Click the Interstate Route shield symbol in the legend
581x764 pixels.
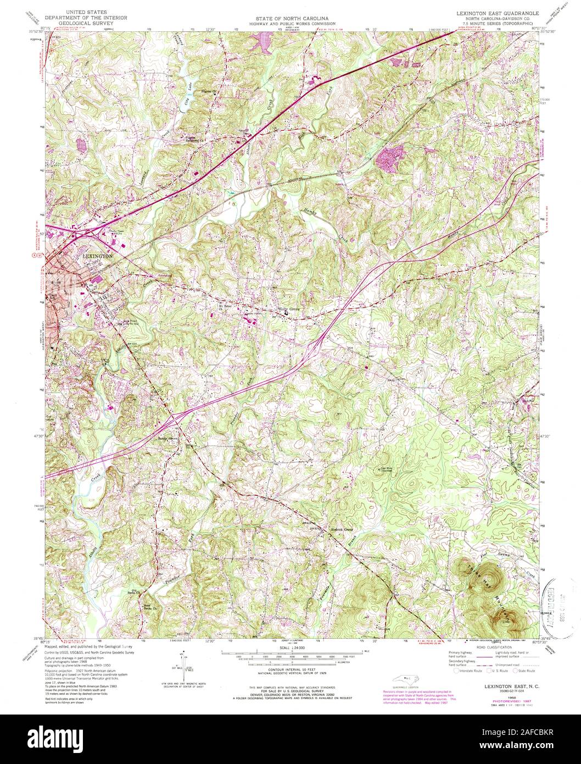point(456,671)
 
